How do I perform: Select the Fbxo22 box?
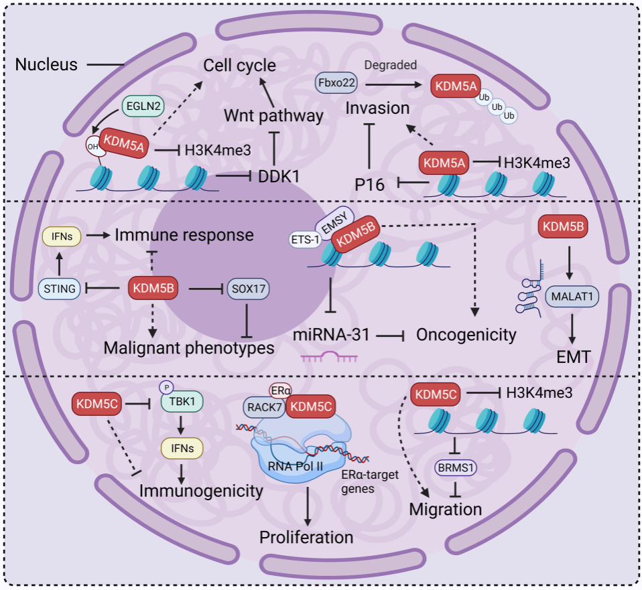335,84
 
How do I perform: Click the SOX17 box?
247,289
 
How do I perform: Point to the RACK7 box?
263,407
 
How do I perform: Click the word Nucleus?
46,65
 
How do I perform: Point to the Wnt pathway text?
273,115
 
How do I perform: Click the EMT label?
572,358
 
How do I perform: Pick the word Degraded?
390,65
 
